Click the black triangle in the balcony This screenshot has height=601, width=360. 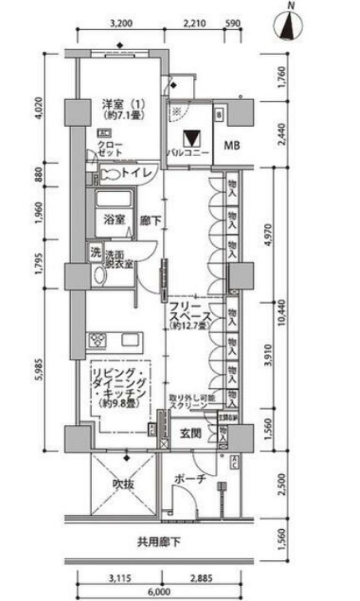coord(193,139)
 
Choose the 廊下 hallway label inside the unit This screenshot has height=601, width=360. coord(149,220)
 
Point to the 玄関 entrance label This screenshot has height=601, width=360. coord(191,433)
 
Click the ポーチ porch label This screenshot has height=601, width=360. coord(190,479)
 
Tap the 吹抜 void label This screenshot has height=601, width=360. coord(123,484)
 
